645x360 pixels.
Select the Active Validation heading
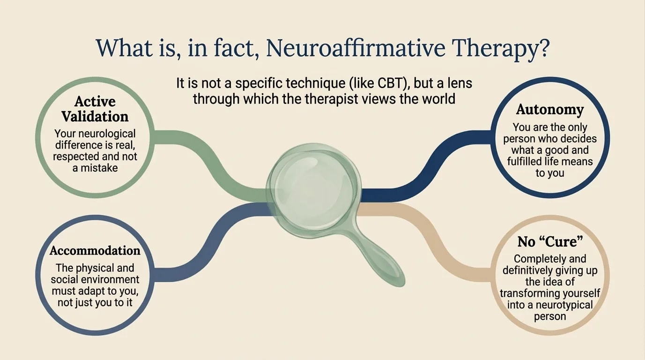pyautogui.click(x=95, y=109)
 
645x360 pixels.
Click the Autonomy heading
pyautogui.click(x=550, y=109)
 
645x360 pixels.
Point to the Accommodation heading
pyautogui.click(x=95, y=251)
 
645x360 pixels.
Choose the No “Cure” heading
pyautogui.click(x=550, y=241)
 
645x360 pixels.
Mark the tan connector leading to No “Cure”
pyautogui.click(x=431, y=234)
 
